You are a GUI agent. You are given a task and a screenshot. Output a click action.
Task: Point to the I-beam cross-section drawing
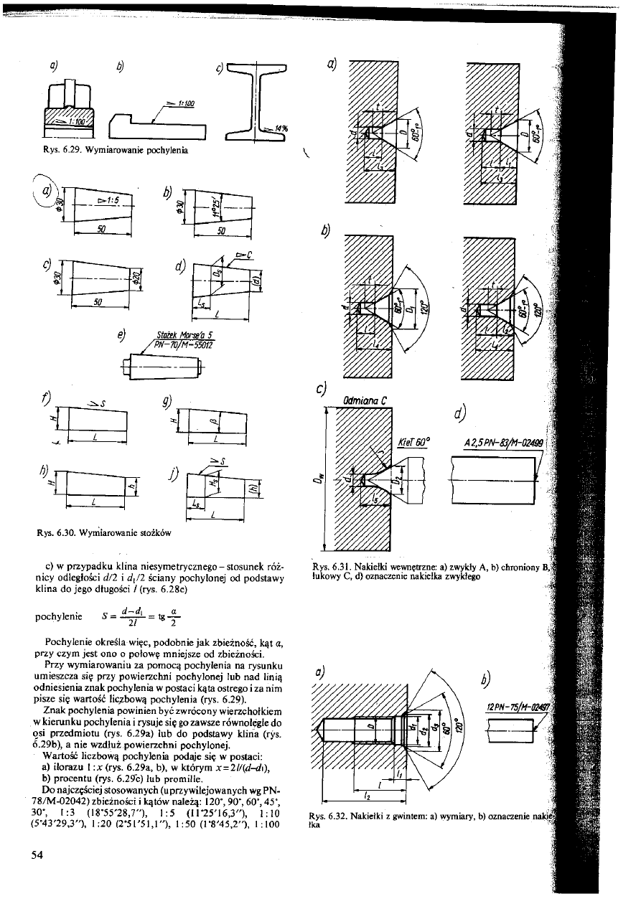255,101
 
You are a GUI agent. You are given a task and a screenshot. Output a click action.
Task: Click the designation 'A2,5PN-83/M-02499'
495,441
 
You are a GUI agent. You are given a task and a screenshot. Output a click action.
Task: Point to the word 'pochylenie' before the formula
57,616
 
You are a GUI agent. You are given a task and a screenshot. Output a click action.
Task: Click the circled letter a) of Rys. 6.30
47,192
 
